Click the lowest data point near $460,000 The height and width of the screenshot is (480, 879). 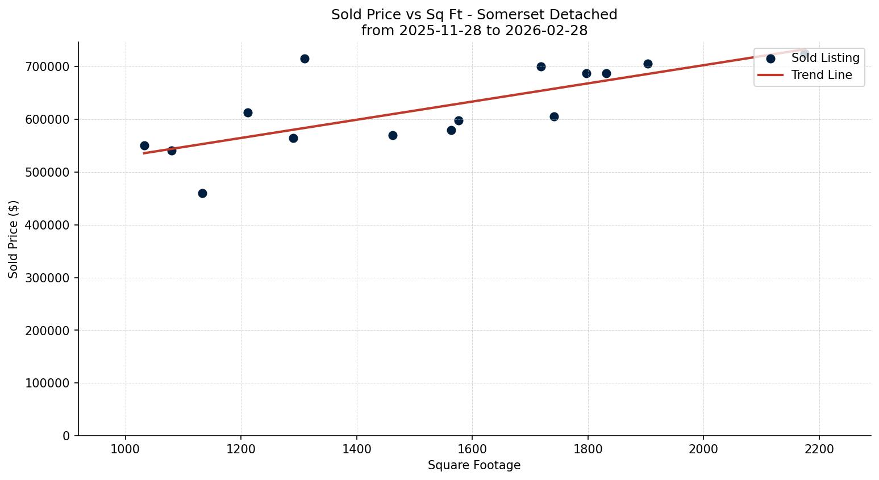[202, 193]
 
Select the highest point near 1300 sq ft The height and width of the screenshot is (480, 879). [305, 59]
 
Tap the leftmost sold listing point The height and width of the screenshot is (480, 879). [144, 145]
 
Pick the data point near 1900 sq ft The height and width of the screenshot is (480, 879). [648, 64]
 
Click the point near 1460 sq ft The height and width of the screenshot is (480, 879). [393, 135]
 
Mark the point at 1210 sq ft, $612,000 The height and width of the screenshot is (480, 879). [248, 112]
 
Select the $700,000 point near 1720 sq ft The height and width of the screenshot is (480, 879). [541, 66]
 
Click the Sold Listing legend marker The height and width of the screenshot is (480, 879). [770, 58]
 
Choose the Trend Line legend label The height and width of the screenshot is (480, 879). [822, 75]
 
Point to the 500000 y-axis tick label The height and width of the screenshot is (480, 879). [48, 172]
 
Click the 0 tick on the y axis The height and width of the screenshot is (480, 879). [66, 436]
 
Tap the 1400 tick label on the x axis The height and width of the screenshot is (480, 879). [356, 449]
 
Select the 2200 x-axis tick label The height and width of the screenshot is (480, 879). [819, 449]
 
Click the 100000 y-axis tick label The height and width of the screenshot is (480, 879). [48, 383]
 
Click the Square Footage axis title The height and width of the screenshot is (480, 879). [474, 465]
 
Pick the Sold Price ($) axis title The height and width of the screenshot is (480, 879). [14, 239]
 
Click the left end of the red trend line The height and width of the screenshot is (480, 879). [145, 153]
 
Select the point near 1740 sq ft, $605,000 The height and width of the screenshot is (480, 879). [554, 116]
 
